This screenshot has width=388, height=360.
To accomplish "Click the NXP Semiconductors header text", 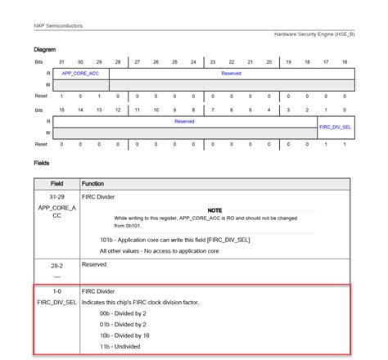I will click(x=58, y=25).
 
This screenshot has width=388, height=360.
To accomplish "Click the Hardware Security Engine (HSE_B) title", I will click(x=314, y=34).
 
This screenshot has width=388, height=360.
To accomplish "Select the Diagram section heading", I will click(x=46, y=50).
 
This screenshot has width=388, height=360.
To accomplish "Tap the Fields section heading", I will click(x=42, y=163).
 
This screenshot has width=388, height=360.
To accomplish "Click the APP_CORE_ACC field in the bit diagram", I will click(x=80, y=73).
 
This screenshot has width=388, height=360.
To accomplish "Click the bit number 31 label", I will click(x=61, y=62).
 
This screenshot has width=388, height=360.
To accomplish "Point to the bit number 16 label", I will click(x=345, y=62).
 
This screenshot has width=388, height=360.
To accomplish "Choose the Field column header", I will click(x=56, y=183).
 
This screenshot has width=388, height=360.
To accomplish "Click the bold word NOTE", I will click(x=214, y=210).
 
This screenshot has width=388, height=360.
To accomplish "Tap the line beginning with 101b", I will click(x=174, y=239).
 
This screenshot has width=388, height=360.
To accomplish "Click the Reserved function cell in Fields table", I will click(x=95, y=264).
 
